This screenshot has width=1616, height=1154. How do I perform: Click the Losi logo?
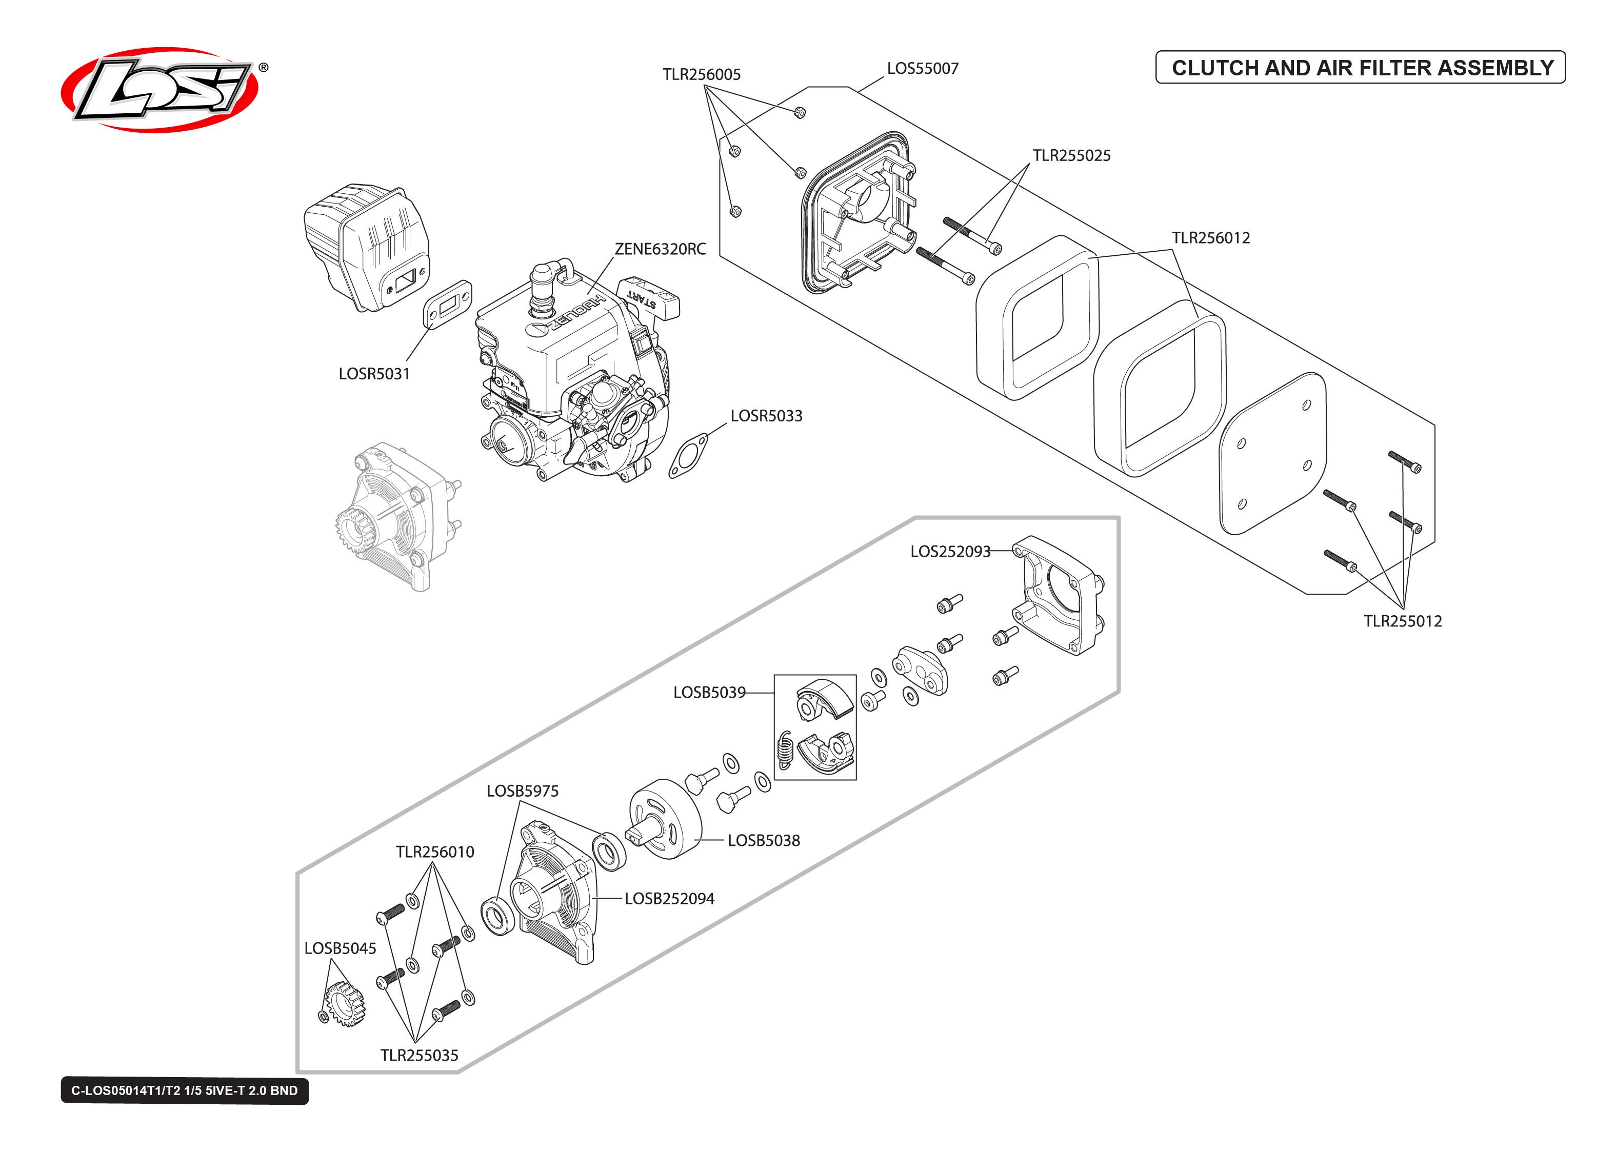[160, 90]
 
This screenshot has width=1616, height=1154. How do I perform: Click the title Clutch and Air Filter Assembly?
[1361, 68]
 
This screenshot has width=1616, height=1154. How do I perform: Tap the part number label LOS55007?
[923, 69]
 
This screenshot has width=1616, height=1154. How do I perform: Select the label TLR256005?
[702, 75]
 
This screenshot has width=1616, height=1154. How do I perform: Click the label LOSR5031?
[374, 374]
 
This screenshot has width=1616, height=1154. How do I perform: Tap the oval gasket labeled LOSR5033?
[688, 456]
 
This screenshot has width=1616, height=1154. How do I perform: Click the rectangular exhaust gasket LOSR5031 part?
[448, 304]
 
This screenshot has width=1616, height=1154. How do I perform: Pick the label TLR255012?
[1402, 621]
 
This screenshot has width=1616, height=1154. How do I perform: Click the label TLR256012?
[1210, 238]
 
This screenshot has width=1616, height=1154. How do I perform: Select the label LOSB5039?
[709, 692]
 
